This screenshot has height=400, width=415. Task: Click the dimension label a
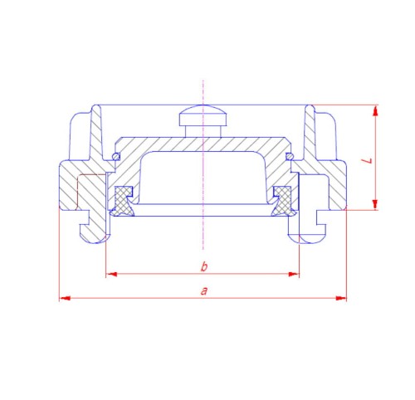[x=204, y=291]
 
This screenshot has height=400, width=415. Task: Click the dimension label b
[x=204, y=266]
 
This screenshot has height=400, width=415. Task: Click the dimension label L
[x=368, y=160]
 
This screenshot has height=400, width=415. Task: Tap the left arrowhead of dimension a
[x=65, y=298]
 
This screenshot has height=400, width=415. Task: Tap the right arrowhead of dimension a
[x=341, y=298]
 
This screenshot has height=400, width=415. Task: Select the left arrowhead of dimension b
[x=111, y=274]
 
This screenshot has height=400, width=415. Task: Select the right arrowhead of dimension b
[x=294, y=274]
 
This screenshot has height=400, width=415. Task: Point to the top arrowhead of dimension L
[x=375, y=110]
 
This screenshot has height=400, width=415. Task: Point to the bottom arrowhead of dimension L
[x=375, y=204]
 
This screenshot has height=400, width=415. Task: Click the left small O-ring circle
[x=116, y=157]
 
